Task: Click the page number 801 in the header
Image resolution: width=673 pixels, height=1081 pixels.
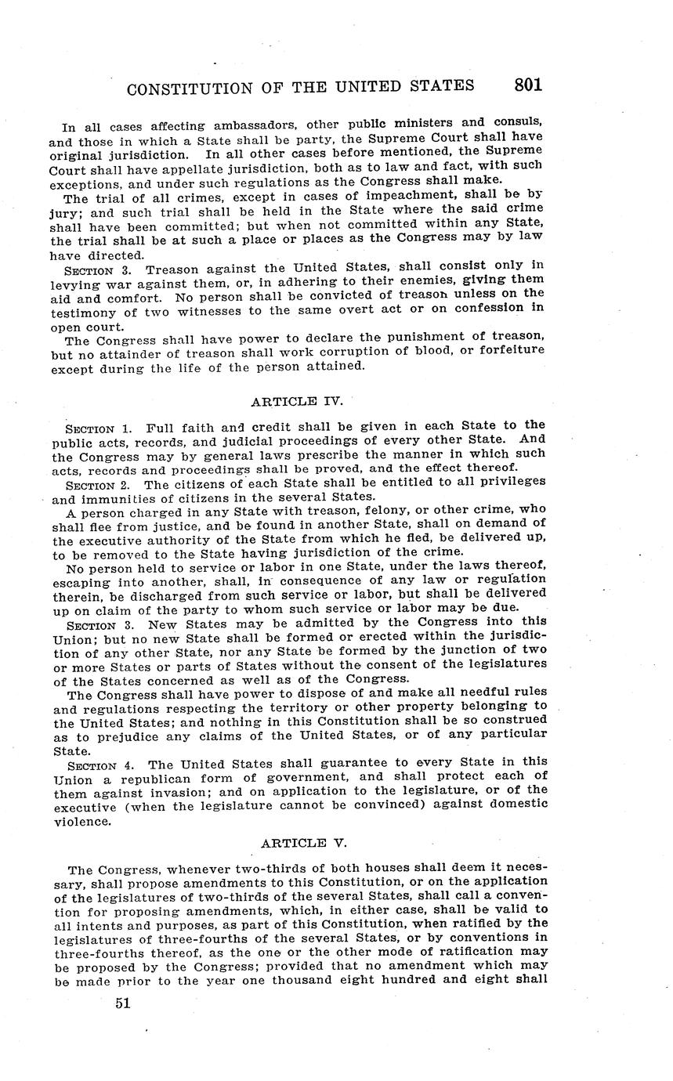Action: (x=528, y=85)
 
